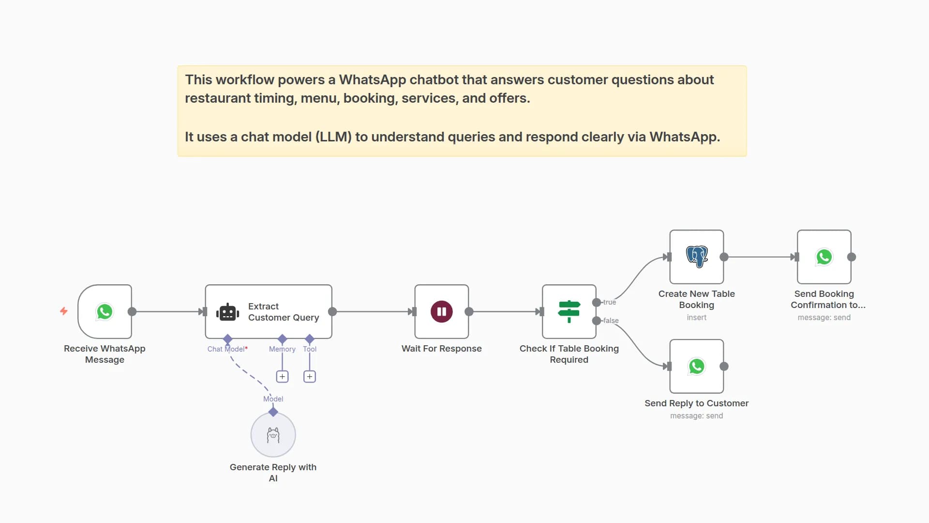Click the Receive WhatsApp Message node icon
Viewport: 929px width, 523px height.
tap(105, 311)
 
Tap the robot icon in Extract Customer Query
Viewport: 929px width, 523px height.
tap(227, 312)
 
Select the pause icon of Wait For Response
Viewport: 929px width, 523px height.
tap(441, 311)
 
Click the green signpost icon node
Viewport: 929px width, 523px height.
tap(569, 311)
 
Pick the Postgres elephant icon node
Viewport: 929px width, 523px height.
tap(697, 257)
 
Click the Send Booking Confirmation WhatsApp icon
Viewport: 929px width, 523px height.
tap(824, 257)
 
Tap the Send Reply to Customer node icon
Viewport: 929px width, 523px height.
tap(697, 366)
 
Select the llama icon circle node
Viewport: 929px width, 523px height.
tap(273, 435)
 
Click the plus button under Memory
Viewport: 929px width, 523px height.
tap(282, 376)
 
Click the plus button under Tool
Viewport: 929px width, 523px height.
tap(310, 376)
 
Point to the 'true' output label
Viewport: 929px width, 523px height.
tap(609, 302)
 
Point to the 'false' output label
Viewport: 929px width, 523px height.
tap(611, 321)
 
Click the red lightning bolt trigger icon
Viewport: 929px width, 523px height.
tap(63, 311)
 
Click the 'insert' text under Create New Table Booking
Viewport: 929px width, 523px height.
tap(696, 318)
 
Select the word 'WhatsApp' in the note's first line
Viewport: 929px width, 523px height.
tap(373, 80)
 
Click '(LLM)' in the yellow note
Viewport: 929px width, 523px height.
tap(333, 137)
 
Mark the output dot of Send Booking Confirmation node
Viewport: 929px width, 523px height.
tap(852, 257)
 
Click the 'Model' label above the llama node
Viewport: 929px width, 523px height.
tap(273, 399)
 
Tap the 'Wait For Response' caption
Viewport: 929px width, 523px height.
tap(441, 349)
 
